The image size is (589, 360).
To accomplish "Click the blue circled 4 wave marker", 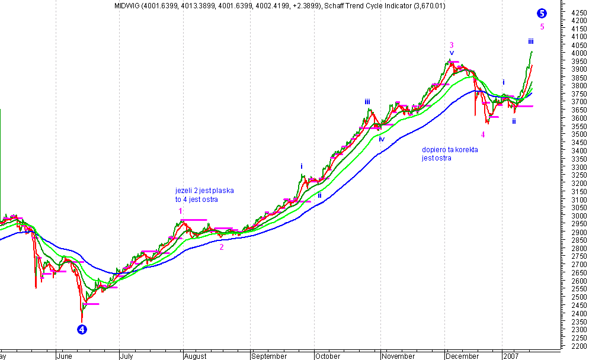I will [x=82, y=329].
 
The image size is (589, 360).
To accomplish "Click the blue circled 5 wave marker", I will [x=542, y=14].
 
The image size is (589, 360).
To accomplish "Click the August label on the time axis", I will [x=195, y=356].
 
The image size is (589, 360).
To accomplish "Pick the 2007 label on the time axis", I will [x=510, y=356].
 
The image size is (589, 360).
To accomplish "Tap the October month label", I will [x=328, y=356].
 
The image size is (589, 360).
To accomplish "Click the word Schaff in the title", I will [x=338, y=5].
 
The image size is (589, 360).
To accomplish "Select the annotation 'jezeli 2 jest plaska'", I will [x=204, y=191].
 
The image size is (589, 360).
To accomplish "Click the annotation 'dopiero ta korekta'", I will [x=449, y=150].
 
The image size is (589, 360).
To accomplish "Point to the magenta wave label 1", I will [x=180, y=211].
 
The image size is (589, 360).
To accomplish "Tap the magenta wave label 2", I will [x=222, y=247].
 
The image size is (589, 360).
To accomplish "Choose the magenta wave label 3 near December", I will [x=452, y=45].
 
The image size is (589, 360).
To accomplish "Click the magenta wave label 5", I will [x=542, y=27].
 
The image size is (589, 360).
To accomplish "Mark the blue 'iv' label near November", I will [x=382, y=139].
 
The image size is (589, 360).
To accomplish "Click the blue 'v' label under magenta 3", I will [x=452, y=53].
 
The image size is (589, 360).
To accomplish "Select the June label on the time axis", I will [x=65, y=356].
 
